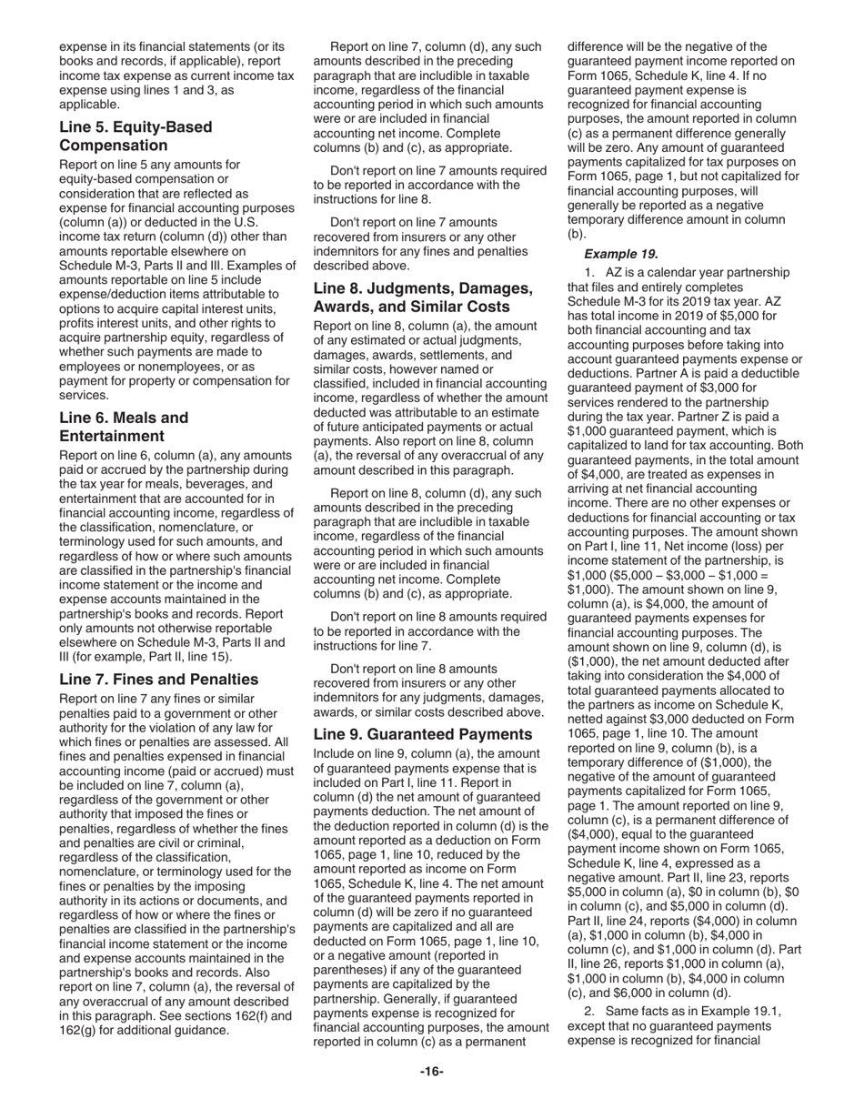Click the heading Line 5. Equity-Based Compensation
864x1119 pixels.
pos(135,136)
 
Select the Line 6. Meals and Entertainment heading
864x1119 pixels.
pos(124,428)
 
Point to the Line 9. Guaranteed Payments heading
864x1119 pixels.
pos(422,734)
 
